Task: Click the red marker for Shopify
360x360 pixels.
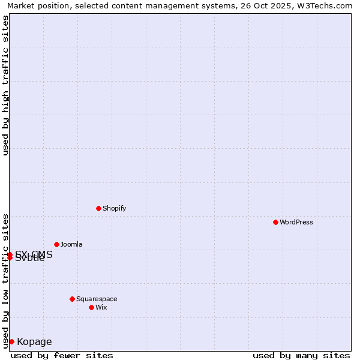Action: point(98,208)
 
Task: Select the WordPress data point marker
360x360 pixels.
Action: point(275,222)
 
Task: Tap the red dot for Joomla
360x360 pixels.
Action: point(56,244)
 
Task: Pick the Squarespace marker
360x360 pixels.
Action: point(72,299)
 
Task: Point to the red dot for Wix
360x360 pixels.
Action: point(91,307)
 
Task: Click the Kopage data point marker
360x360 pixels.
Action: point(11,341)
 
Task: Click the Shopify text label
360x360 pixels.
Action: point(114,208)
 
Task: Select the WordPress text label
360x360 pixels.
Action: point(296,222)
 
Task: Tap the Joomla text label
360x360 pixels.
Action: point(71,244)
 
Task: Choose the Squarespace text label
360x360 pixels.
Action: point(97,299)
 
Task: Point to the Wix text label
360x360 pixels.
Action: point(101,307)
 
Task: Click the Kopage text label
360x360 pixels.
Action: point(34,342)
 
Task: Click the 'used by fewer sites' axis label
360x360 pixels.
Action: point(62,355)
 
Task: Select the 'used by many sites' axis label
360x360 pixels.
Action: point(301,355)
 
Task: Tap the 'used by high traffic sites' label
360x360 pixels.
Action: point(5,85)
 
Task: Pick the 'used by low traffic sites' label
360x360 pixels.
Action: point(5,280)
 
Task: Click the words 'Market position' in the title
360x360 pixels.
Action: point(35,6)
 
